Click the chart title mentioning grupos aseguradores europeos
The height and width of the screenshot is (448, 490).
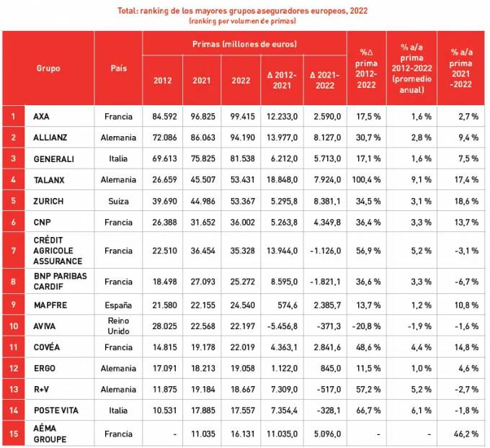[245, 11]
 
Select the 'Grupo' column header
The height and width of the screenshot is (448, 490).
[48, 68]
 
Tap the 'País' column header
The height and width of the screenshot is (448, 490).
[119, 68]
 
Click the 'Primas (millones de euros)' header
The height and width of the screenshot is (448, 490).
[244, 44]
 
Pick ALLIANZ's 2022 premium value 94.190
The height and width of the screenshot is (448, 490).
[241, 137]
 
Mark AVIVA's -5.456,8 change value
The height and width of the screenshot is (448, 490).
[282, 326]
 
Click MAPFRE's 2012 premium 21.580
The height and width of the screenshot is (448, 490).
[162, 305]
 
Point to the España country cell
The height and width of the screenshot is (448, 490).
[119, 305]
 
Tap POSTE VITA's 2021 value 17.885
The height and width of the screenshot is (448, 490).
[202, 411]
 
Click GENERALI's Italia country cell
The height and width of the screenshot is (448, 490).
[119, 158]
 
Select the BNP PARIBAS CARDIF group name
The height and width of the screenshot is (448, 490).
[58, 282]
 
